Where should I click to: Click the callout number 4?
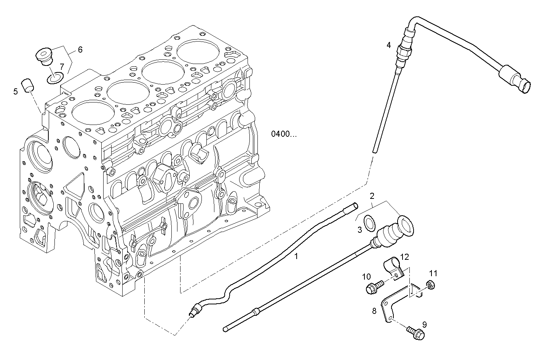[x=388, y=45]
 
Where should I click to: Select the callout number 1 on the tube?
[x=296, y=256]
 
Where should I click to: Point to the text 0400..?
[x=283, y=134]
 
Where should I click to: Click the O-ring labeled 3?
[x=369, y=223]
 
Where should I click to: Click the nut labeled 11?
[x=430, y=285]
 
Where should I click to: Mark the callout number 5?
[x=16, y=91]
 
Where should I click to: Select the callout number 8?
[x=374, y=311]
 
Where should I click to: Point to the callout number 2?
[x=372, y=196]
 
